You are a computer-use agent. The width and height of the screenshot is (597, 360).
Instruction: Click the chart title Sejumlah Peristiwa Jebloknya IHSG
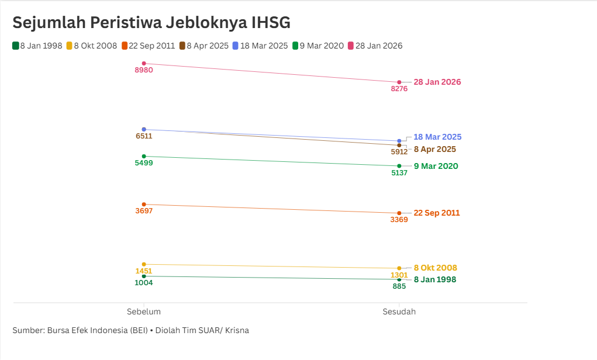(151, 22)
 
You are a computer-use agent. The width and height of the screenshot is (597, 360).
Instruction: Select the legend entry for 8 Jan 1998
(39, 46)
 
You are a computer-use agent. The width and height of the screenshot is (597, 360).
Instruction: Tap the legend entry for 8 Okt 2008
(92, 46)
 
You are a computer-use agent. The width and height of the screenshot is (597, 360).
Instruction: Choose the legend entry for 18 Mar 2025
(261, 46)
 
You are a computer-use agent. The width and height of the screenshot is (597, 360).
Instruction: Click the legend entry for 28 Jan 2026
(375, 46)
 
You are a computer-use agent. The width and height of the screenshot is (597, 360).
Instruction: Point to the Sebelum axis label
(144, 311)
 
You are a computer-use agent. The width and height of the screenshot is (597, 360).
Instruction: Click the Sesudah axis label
(399, 311)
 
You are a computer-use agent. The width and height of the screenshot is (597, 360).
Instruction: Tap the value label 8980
(144, 70)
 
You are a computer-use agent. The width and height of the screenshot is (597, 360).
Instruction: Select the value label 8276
(399, 89)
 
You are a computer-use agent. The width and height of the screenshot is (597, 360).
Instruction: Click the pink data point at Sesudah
(399, 82)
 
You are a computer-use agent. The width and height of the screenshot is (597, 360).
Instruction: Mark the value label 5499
(144, 163)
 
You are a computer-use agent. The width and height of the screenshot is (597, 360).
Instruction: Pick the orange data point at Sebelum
(144, 205)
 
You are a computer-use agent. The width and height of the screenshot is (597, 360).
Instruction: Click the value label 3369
(399, 220)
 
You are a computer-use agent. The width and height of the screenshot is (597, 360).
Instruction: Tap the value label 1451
(144, 271)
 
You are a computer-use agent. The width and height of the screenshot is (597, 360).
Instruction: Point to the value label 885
(399, 286)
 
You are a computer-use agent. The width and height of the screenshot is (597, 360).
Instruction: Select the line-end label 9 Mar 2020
(436, 166)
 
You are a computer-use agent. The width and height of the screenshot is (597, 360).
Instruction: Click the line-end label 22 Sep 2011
(437, 213)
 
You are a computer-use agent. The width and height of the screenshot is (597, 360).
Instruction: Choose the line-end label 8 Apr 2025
(435, 149)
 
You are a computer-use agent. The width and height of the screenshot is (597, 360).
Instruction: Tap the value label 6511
(144, 136)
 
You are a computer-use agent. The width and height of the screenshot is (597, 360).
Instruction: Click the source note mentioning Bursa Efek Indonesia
(130, 330)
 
